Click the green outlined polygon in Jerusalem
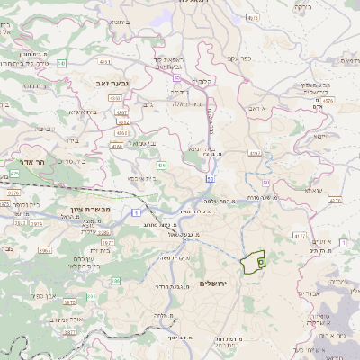point(254,262)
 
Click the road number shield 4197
point(255,154)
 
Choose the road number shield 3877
point(107,242)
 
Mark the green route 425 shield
point(15,172)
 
